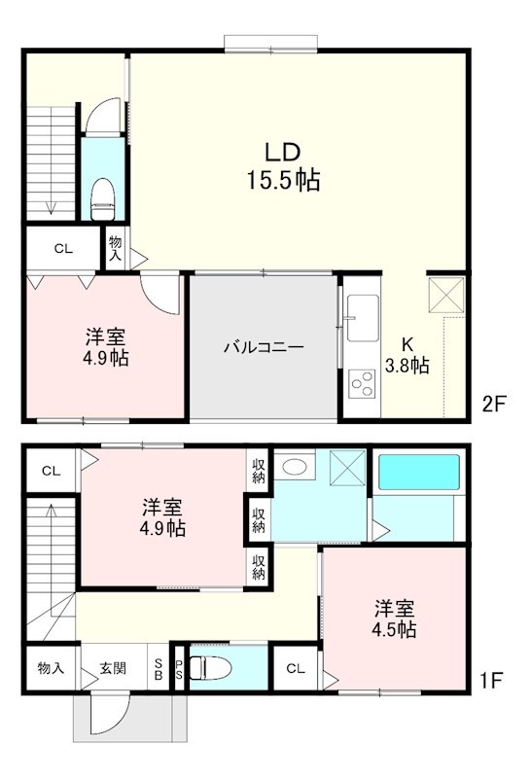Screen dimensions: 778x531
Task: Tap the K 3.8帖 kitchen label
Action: point(408,355)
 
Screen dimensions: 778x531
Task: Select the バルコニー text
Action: point(264,347)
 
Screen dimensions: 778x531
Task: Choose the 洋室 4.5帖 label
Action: point(396,619)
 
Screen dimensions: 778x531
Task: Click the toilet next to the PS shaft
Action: point(206,669)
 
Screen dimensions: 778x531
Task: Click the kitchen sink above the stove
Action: point(360,317)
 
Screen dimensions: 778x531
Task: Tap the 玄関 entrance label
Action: point(113,669)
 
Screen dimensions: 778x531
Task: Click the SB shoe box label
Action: point(159,669)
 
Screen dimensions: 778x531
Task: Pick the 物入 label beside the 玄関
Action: point(51,669)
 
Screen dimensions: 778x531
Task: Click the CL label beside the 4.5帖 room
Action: point(296,669)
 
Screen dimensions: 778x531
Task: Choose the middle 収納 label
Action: point(259,519)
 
